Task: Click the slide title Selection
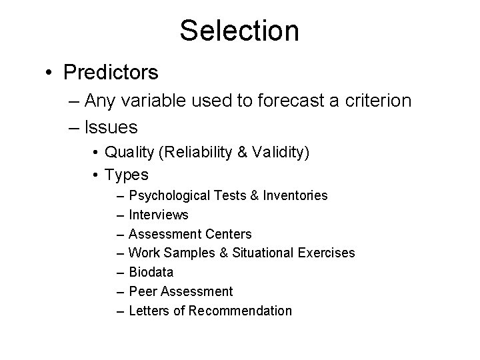pos(239,31)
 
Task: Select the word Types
pos(127,175)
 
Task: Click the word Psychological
pos(169,196)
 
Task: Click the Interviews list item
pos(159,215)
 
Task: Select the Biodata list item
pos(151,272)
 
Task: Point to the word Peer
pos(141,291)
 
